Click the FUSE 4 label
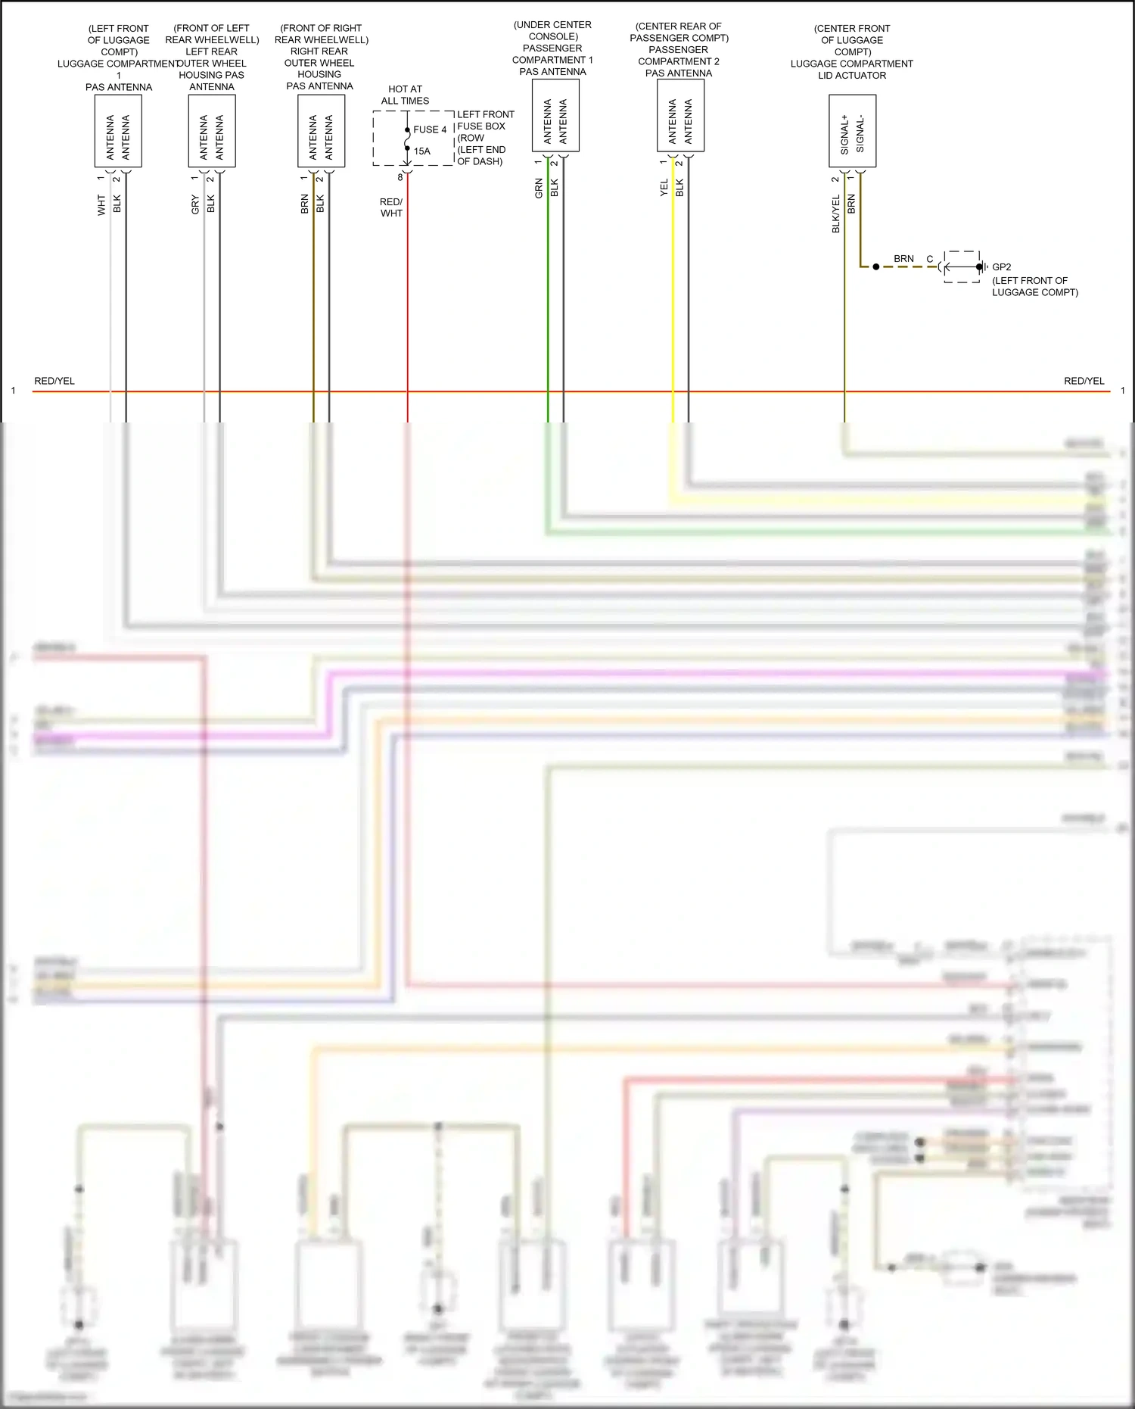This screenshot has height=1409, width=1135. point(430,129)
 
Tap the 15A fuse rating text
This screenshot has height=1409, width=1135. point(421,151)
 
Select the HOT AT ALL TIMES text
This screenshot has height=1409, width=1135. point(405,95)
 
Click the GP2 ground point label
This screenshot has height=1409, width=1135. point(1001,267)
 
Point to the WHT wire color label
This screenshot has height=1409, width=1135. point(101,205)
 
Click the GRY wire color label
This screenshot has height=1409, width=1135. point(195,204)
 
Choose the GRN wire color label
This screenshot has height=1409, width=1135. point(539,189)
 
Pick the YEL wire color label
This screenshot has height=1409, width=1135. point(664,188)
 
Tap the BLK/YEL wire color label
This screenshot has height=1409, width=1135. point(835,214)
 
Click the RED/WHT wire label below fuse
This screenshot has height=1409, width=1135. point(391,207)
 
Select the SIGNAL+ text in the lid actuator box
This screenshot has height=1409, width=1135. point(844,135)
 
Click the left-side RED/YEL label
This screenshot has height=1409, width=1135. point(54,381)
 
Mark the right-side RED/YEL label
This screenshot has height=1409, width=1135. point(1084,381)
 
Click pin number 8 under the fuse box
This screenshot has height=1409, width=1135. point(400,177)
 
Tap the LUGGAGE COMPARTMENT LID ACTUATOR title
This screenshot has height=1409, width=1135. point(851,70)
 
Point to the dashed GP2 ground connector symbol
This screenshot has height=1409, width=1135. point(962,267)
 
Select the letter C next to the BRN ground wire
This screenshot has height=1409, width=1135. point(930,259)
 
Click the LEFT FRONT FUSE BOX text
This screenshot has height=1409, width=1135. point(485,120)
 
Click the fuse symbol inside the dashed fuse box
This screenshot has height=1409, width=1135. point(407,139)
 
